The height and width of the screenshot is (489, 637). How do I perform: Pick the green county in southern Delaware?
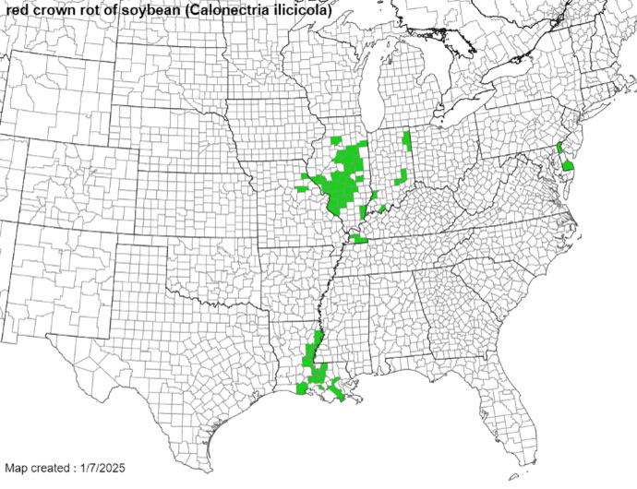click(x=569, y=164)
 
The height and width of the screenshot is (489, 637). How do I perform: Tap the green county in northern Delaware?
click(x=559, y=147)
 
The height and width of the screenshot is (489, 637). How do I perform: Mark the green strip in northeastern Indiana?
click(x=406, y=142)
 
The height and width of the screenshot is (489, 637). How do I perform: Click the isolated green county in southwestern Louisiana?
click(x=302, y=389)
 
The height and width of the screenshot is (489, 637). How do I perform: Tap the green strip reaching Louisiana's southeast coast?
click(x=340, y=393)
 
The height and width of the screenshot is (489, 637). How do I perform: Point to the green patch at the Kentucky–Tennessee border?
click(x=359, y=238)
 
